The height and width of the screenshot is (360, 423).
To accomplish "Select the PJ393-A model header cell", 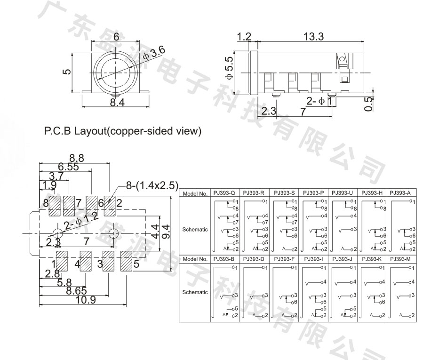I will pyautogui.click(x=401, y=192).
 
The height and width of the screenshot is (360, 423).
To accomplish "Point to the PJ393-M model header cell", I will pyautogui.click(x=401, y=258).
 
